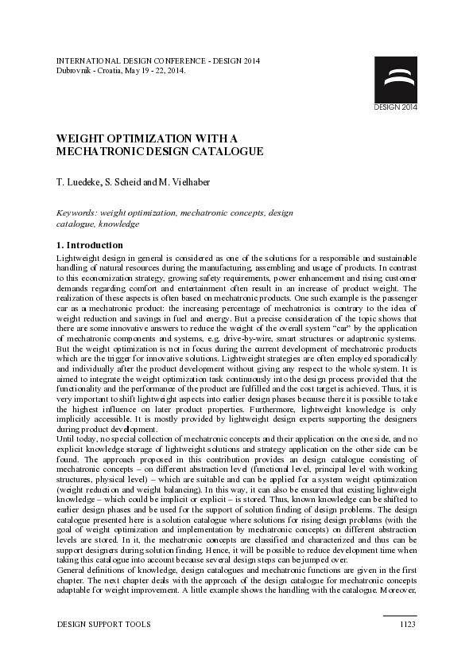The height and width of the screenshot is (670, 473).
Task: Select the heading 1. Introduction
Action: (x=90, y=245)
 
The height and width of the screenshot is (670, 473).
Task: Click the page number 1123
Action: (x=407, y=625)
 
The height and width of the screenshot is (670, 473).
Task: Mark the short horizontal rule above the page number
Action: (x=399, y=615)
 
